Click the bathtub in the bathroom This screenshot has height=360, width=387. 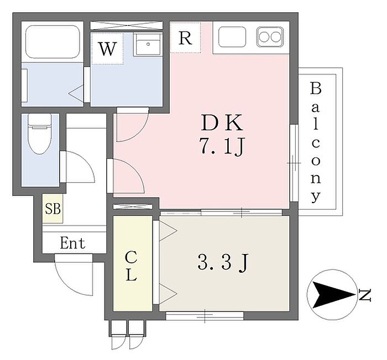[53, 42]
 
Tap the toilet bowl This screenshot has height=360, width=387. [40, 134]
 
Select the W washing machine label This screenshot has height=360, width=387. [107, 49]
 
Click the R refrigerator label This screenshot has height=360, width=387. [185, 38]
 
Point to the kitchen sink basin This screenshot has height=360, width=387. [232, 36]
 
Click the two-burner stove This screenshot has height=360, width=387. [270, 37]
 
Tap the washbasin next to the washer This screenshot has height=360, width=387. [148, 45]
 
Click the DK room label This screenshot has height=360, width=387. [222, 123]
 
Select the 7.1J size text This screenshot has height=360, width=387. [222, 146]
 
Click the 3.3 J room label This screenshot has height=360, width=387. [223, 262]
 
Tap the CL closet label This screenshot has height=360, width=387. [131, 266]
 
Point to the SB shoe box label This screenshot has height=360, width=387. [53, 209]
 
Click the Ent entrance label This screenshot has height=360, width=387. [72, 243]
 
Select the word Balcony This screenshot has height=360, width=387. [316, 142]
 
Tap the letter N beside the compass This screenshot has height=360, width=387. [365, 295]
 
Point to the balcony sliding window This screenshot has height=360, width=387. [294, 163]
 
